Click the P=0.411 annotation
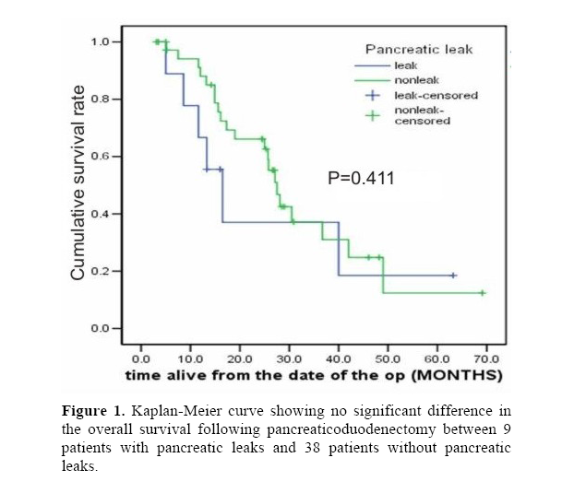(x=362, y=178)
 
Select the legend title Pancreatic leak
(x=418, y=49)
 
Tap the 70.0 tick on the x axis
(x=485, y=358)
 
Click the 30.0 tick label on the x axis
(x=289, y=358)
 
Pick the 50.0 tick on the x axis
(x=388, y=358)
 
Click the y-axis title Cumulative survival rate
(x=79, y=182)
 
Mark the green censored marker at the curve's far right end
(x=482, y=293)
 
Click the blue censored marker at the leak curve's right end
(x=453, y=276)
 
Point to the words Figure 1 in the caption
(x=93, y=410)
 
